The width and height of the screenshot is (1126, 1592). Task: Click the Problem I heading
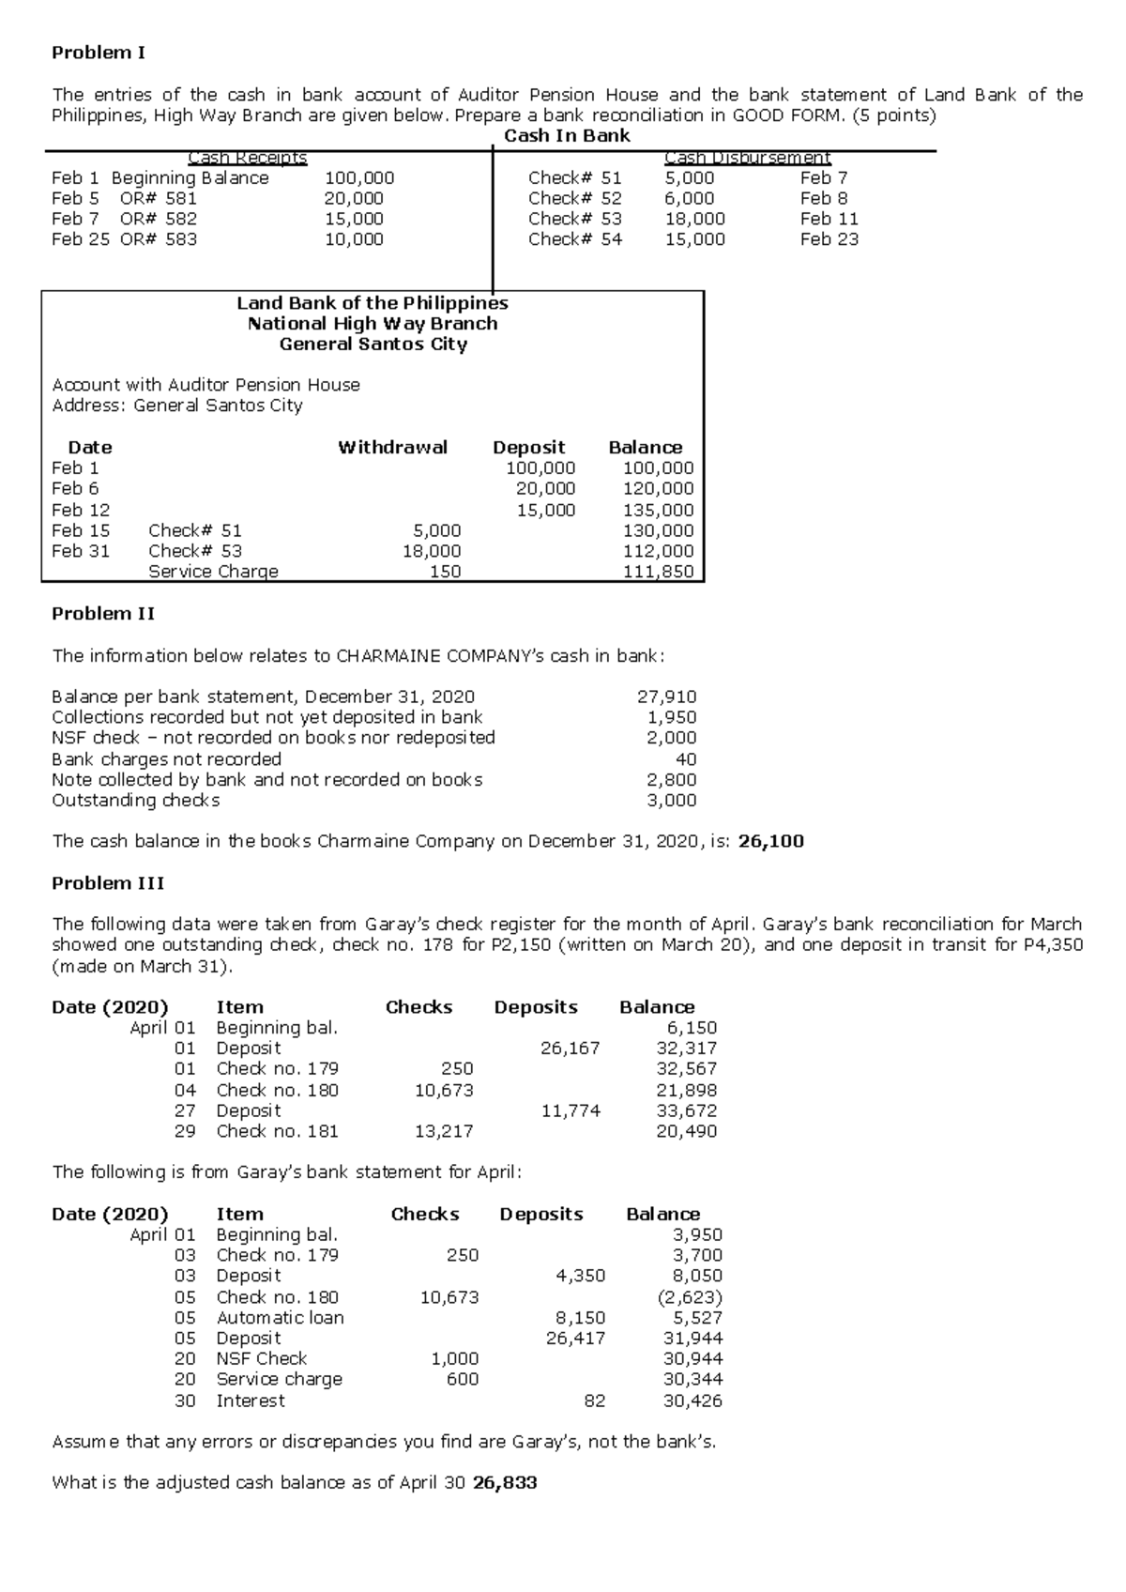click(98, 53)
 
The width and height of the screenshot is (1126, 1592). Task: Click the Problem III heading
click(107, 883)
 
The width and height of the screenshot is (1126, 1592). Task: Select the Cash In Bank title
click(567, 136)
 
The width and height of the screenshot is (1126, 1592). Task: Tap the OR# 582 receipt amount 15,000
click(354, 219)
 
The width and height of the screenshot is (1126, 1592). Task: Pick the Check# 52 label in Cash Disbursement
click(574, 198)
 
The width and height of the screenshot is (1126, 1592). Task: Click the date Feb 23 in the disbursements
click(829, 239)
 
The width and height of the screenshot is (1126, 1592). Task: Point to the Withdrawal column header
click(392, 448)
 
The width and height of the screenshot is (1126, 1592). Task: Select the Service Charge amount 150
click(445, 572)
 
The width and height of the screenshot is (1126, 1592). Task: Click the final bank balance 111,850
click(658, 572)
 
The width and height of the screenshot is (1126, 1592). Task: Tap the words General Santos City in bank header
click(373, 344)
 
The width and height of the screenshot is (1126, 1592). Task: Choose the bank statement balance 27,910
click(666, 696)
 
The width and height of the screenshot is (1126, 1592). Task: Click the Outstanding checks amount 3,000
click(671, 801)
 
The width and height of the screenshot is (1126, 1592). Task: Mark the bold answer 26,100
click(770, 841)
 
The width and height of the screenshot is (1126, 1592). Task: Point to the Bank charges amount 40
click(686, 759)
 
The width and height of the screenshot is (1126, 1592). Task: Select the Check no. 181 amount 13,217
click(444, 1131)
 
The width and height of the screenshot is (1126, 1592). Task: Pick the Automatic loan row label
click(280, 1318)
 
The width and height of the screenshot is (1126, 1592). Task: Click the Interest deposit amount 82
click(593, 1401)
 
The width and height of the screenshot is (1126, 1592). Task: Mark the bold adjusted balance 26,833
click(505, 1483)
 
